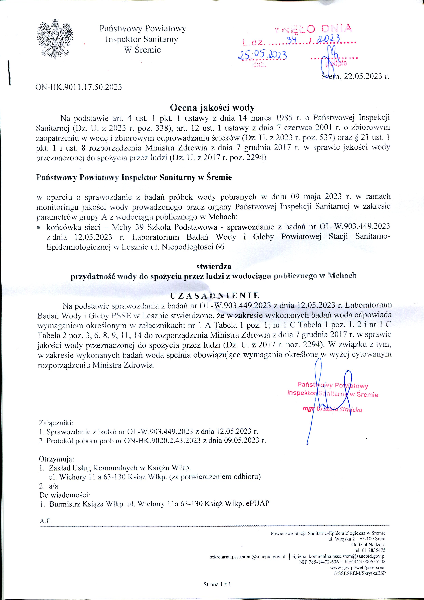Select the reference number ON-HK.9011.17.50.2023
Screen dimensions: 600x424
pos(79,87)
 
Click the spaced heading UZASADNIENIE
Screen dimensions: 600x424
pos(214,296)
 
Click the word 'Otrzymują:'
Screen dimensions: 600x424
pos(56,459)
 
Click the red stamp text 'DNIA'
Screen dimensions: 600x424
pos(337,29)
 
